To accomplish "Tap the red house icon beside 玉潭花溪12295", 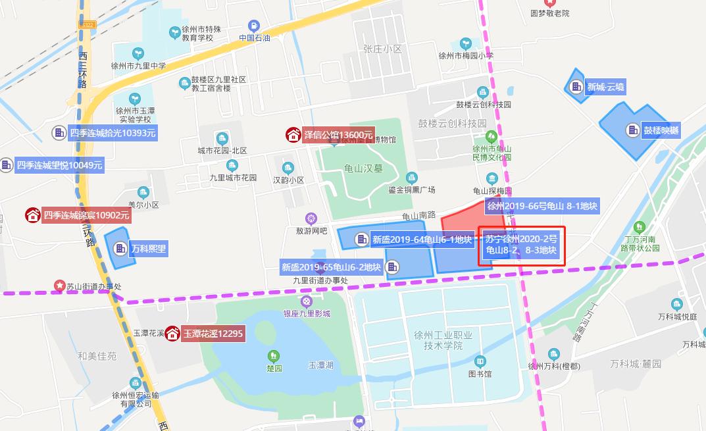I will [x=172, y=334].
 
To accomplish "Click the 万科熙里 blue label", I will [x=148, y=249].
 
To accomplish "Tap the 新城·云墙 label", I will [x=606, y=87].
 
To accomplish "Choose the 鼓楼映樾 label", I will [x=661, y=130].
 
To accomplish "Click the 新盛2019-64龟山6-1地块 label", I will [x=421, y=240].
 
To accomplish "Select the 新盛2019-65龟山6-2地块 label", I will [x=331, y=266].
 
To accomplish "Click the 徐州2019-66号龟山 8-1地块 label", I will [x=542, y=206].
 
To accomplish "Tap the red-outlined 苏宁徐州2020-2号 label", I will [x=521, y=245].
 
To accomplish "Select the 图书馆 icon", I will [x=480, y=361].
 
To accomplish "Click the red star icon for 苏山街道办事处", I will [x=60, y=287].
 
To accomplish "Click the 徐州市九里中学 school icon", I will [x=138, y=53].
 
